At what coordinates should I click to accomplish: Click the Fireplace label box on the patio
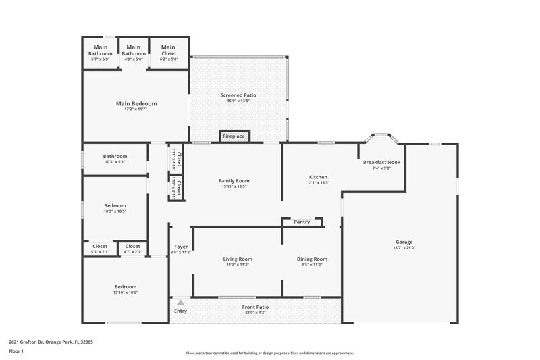(234, 136)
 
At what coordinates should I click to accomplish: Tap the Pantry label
(302, 222)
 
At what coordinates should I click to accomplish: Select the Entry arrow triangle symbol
(180, 303)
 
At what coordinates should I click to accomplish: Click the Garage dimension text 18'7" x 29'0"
(404, 249)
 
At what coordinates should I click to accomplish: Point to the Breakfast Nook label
(381, 162)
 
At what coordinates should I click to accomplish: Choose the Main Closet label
(168, 47)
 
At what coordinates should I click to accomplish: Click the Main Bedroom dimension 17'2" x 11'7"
(136, 109)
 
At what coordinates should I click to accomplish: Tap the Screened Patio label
(238, 95)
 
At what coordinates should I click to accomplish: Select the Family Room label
(234, 181)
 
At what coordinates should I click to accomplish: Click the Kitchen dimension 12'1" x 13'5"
(317, 183)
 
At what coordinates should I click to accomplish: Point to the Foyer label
(181, 247)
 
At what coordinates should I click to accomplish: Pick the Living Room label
(238, 259)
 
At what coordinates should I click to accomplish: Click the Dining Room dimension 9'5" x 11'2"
(312, 265)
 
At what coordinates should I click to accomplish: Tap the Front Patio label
(254, 307)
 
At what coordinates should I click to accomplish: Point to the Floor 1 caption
(16, 352)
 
